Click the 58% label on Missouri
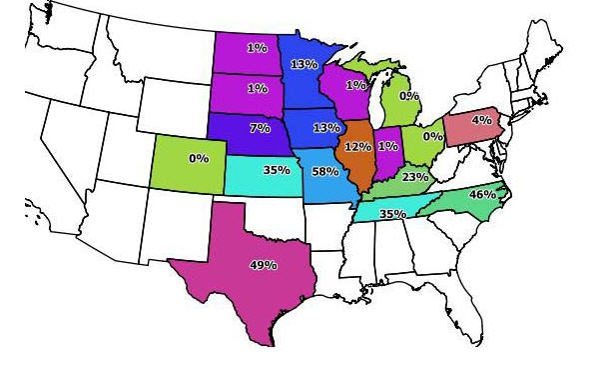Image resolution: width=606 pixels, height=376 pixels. pyautogui.click(x=324, y=172)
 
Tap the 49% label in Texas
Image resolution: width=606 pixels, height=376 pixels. pyautogui.click(x=263, y=265)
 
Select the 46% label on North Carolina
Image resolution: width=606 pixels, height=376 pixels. pyautogui.click(x=482, y=194)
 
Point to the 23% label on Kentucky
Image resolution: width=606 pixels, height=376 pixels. pyautogui.click(x=414, y=177)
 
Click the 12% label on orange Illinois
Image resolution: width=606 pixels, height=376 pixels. pyautogui.click(x=357, y=147)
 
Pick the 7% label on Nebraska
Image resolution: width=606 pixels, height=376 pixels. pyautogui.click(x=260, y=129)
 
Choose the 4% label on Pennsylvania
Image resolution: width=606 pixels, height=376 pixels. pyautogui.click(x=481, y=121)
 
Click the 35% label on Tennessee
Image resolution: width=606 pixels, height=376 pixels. pyautogui.click(x=392, y=214)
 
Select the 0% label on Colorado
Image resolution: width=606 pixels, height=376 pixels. pyautogui.click(x=198, y=158)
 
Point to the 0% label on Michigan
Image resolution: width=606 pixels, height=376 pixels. pyautogui.click(x=409, y=96)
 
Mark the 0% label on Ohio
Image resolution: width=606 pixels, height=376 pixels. pyautogui.click(x=432, y=136)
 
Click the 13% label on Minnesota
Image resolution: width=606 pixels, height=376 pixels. pyautogui.click(x=303, y=65)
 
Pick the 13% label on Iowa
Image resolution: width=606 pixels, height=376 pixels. pyautogui.click(x=325, y=128)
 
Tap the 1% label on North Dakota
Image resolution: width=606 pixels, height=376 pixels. pyautogui.click(x=257, y=47)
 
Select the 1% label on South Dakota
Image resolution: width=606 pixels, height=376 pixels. pyautogui.click(x=257, y=88)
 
